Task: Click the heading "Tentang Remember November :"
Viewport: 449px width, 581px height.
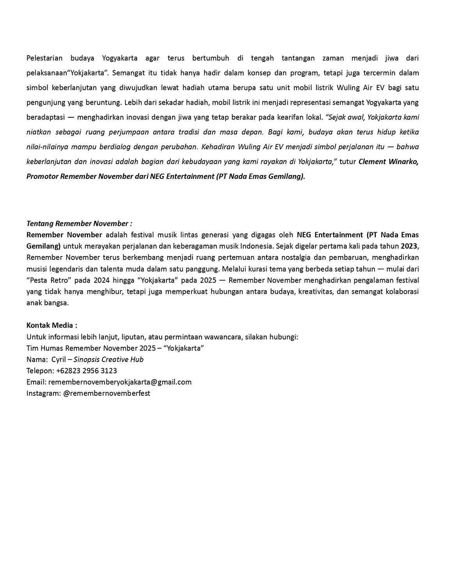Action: click(79, 224)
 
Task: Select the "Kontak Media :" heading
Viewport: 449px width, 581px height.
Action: click(51, 325)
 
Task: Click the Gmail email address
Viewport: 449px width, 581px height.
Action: click(120, 382)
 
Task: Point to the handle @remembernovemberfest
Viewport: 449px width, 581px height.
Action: click(106, 393)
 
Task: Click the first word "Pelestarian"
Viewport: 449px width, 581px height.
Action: click(44, 58)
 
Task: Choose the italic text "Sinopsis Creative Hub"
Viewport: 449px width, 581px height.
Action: click(108, 359)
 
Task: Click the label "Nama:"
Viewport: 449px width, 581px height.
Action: click(37, 359)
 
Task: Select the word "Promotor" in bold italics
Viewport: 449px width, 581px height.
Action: click(42, 177)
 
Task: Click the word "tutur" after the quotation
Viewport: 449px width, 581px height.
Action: click(347, 162)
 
